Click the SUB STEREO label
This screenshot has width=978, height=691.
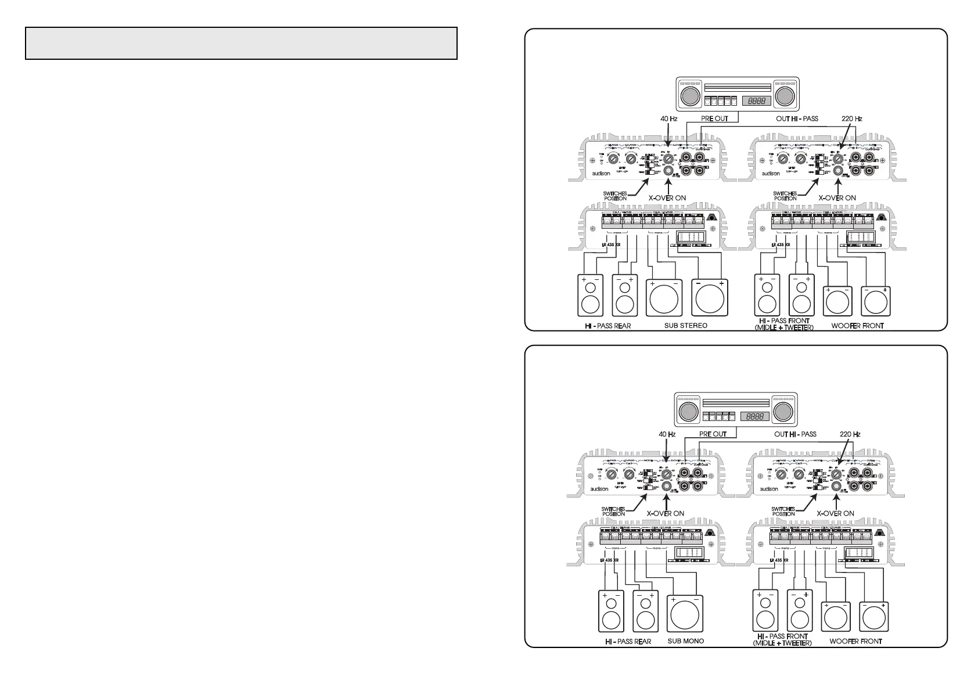click(685, 326)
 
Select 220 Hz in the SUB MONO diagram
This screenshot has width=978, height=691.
click(850, 434)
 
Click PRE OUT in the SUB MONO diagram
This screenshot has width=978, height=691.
click(713, 434)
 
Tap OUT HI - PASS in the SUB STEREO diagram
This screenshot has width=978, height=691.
click(797, 118)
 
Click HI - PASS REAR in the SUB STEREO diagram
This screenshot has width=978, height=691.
click(607, 326)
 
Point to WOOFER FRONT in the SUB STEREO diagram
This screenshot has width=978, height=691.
click(857, 326)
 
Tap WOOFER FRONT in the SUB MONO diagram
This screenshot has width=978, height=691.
click(855, 641)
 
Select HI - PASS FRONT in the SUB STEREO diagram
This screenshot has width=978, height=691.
click(783, 321)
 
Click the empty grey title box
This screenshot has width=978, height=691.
click(241, 43)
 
